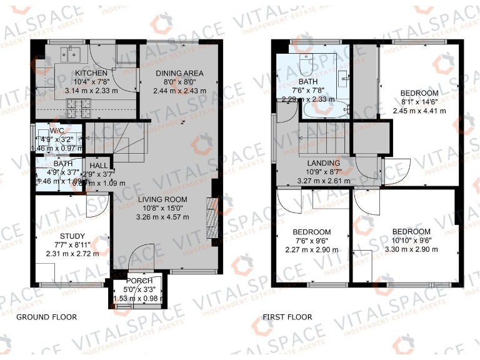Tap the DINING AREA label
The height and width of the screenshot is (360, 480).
pyautogui.click(x=179, y=73)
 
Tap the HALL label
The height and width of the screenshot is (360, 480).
pyautogui.click(x=97, y=166)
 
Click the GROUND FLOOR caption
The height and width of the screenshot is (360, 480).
pyautogui.click(x=46, y=317)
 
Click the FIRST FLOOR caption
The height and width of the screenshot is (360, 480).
pyautogui.click(x=287, y=317)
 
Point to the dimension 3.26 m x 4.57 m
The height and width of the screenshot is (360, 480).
pyautogui.click(x=162, y=217)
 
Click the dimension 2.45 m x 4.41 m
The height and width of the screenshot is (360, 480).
pyautogui.click(x=419, y=111)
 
